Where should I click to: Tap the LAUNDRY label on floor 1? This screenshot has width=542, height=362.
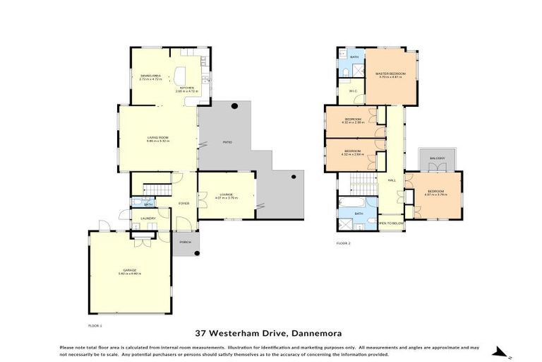[148, 218]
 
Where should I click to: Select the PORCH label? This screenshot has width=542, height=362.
[186, 242]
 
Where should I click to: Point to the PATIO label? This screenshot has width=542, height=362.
[227, 143]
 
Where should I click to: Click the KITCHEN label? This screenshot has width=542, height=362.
[187, 88]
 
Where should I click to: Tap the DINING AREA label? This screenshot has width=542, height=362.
[150, 75]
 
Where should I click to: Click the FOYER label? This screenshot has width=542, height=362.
[183, 204]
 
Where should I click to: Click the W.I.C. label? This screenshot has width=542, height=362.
[353, 90]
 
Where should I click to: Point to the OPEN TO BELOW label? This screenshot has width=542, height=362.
[391, 223]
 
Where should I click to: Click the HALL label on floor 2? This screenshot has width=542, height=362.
[391, 180]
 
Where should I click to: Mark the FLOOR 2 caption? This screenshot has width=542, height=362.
[343, 243]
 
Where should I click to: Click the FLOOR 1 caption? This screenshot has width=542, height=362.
[95, 325]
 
